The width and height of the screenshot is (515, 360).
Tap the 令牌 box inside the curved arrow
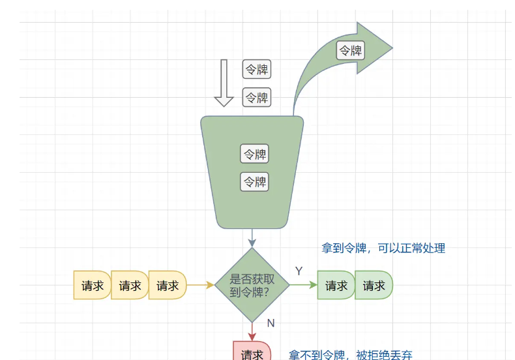pyautogui.click(x=351, y=50)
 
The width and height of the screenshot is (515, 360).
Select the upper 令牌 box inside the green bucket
pyautogui.click(x=255, y=155)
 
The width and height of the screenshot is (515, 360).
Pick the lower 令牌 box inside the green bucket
pyautogui.click(x=255, y=181)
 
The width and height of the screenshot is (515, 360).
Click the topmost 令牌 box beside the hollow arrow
pyautogui.click(x=257, y=70)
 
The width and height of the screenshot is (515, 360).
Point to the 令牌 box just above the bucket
pyautogui.click(x=257, y=98)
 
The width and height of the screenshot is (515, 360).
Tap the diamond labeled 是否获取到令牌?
pyautogui.click(x=252, y=285)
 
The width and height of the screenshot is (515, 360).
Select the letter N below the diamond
pyautogui.click(x=271, y=323)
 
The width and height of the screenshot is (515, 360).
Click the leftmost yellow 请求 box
pyautogui.click(x=92, y=285)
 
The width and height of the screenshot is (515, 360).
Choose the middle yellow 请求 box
pyautogui.click(x=130, y=285)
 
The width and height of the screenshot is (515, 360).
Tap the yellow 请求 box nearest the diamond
pyautogui.click(x=168, y=285)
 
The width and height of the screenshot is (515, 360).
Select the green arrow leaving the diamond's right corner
pyautogui.click(x=304, y=285)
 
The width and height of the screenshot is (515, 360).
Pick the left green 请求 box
pyautogui.click(x=336, y=285)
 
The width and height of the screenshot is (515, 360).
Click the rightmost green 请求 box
pyautogui.click(x=374, y=285)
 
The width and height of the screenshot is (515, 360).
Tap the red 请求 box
pyautogui.click(x=252, y=352)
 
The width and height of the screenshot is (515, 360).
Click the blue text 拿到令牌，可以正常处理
pyautogui.click(x=383, y=248)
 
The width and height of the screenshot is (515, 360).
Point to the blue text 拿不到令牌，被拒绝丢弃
pyautogui.click(x=351, y=355)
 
